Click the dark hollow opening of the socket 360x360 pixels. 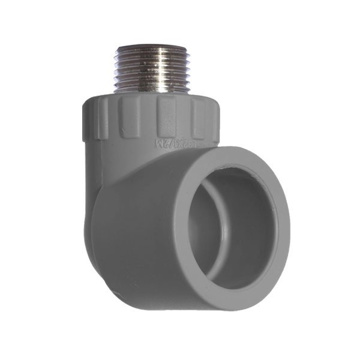pyautogui.click(x=240, y=228)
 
